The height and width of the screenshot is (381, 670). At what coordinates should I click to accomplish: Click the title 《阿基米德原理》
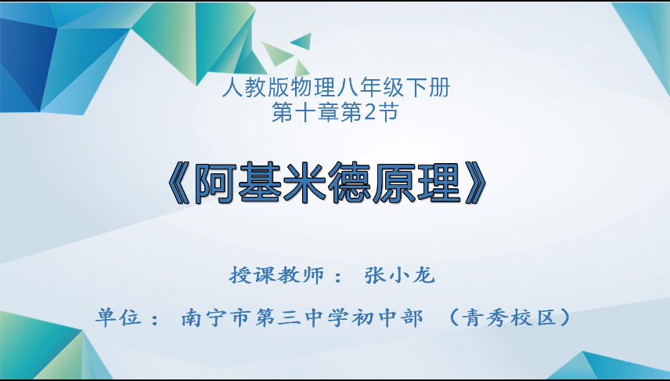coord(328,183)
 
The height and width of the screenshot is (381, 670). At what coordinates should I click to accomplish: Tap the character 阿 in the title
coord(215,183)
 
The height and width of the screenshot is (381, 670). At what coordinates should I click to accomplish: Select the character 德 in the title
coord(350,183)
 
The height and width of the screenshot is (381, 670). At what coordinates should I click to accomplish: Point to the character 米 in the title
coord(304,183)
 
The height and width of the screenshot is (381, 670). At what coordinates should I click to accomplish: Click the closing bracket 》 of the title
coord(475,183)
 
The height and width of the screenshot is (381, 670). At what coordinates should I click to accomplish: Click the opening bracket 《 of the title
coord(179,183)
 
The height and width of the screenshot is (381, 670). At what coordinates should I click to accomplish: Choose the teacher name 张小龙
coord(399,275)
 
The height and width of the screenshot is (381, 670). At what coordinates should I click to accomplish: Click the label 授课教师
coord(277,275)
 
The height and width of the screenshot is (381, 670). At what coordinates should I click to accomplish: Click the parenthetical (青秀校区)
coord(510,317)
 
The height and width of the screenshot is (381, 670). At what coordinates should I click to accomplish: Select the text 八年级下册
coord(394,88)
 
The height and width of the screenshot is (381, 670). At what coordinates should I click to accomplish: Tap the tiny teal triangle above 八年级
coord(303,41)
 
